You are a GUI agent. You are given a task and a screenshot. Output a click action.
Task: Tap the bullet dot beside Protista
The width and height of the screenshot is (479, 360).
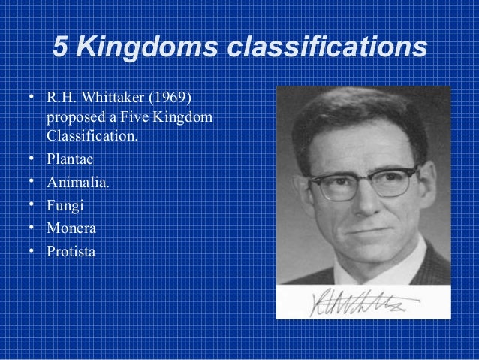click(32, 250)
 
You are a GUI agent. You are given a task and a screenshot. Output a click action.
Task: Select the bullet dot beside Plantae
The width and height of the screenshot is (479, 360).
click(32, 159)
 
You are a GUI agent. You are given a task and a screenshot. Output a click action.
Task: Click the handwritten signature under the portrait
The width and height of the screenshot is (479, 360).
click(360, 301)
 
